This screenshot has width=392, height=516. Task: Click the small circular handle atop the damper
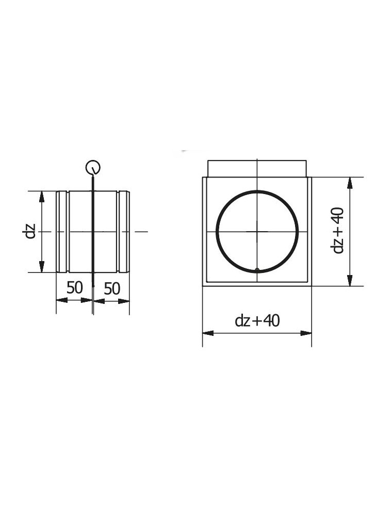tap(93, 168)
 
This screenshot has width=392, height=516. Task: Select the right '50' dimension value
tap(112, 289)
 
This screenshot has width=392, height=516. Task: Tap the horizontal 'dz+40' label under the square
tap(257, 320)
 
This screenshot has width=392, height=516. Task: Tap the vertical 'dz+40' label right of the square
tap(338, 230)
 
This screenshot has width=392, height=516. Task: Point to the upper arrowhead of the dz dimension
tap(41, 197)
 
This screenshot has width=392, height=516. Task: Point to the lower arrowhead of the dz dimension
tap(41, 267)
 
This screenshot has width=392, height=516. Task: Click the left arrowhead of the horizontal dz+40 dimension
tap(208, 333)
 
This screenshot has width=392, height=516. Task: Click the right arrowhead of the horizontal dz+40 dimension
tap(306, 333)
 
